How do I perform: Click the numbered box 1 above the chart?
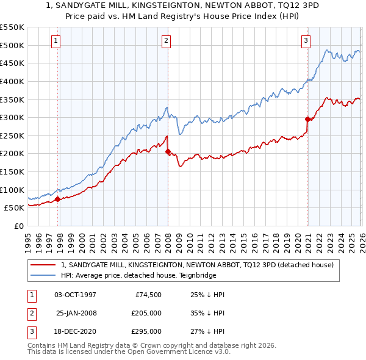click(x=56, y=41)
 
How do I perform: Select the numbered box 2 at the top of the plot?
click(x=166, y=41)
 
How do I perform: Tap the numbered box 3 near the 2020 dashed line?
click(x=306, y=41)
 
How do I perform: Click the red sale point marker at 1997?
click(x=57, y=199)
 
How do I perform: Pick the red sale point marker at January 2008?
click(x=168, y=152)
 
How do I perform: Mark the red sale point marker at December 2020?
click(x=307, y=120)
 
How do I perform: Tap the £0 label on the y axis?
click(x=18, y=226)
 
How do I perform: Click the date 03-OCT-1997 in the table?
click(x=76, y=294)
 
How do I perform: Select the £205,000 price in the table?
click(x=146, y=313)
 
